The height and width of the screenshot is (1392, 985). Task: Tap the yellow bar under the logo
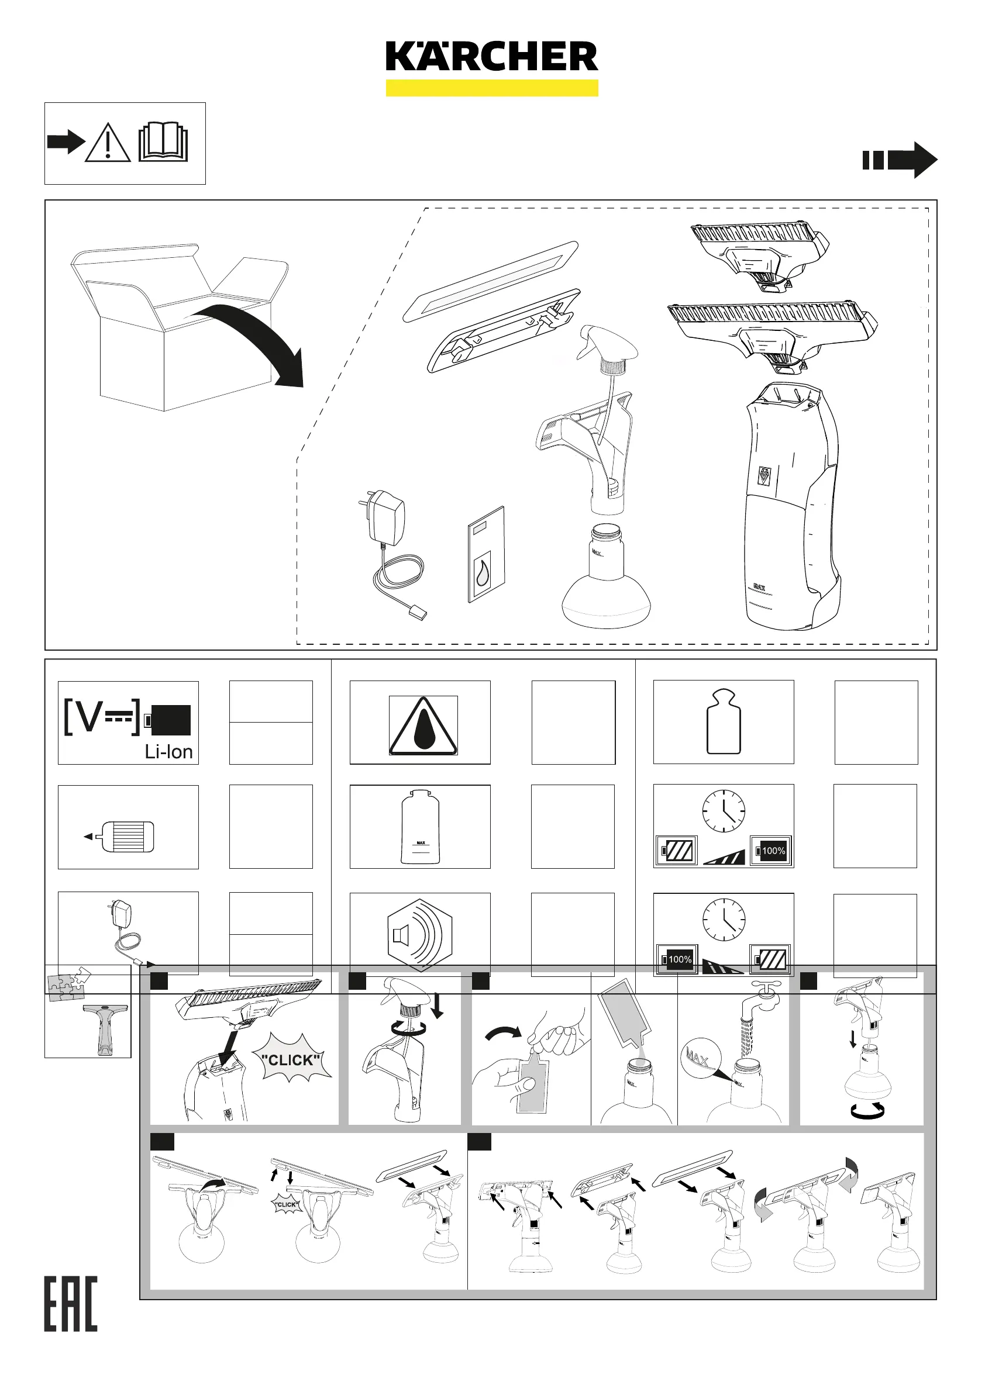tap(492, 88)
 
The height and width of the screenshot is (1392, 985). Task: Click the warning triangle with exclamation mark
tap(108, 143)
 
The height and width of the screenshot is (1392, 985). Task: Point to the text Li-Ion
tap(168, 752)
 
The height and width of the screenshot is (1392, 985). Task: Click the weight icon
tap(723, 721)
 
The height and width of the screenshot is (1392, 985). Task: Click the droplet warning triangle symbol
tap(423, 726)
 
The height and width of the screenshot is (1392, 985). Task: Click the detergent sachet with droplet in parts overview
tap(486, 555)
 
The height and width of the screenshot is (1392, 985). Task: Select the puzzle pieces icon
tap(68, 984)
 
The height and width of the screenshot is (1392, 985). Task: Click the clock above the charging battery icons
tap(723, 810)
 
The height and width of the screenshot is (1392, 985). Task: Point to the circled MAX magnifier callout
tap(700, 1059)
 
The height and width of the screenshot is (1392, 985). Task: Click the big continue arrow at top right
tap(900, 160)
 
